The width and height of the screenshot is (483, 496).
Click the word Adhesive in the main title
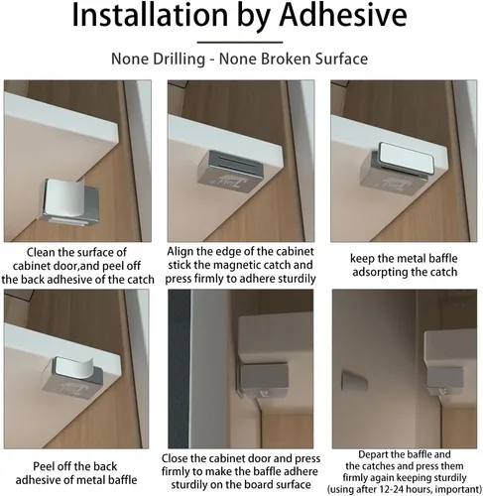pos(343,15)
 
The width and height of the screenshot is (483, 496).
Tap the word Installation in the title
pos(150,15)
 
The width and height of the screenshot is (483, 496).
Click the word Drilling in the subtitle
pos(179,60)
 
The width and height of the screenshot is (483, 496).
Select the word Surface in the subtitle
pos(341,59)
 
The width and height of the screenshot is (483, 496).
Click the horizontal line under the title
pos(240,43)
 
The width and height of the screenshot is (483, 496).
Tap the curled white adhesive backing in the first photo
pos(63,198)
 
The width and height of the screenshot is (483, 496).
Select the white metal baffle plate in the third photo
pos(406,158)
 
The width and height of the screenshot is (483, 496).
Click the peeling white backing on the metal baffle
pos(72,368)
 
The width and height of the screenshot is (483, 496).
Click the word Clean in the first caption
pos(41,252)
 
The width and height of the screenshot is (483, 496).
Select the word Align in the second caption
pos(181,252)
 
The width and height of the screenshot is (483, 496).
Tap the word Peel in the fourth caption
pos(44,466)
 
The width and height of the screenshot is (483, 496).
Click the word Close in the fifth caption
pos(176,458)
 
